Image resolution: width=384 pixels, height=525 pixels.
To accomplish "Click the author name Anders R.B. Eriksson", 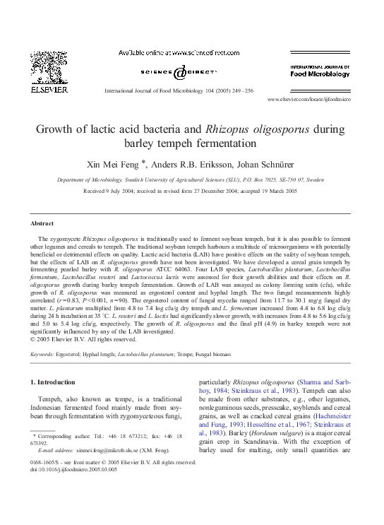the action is tap(202, 165).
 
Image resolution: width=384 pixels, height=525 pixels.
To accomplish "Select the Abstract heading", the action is tap(43, 223).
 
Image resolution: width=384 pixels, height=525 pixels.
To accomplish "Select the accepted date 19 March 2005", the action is tap(280, 191).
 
